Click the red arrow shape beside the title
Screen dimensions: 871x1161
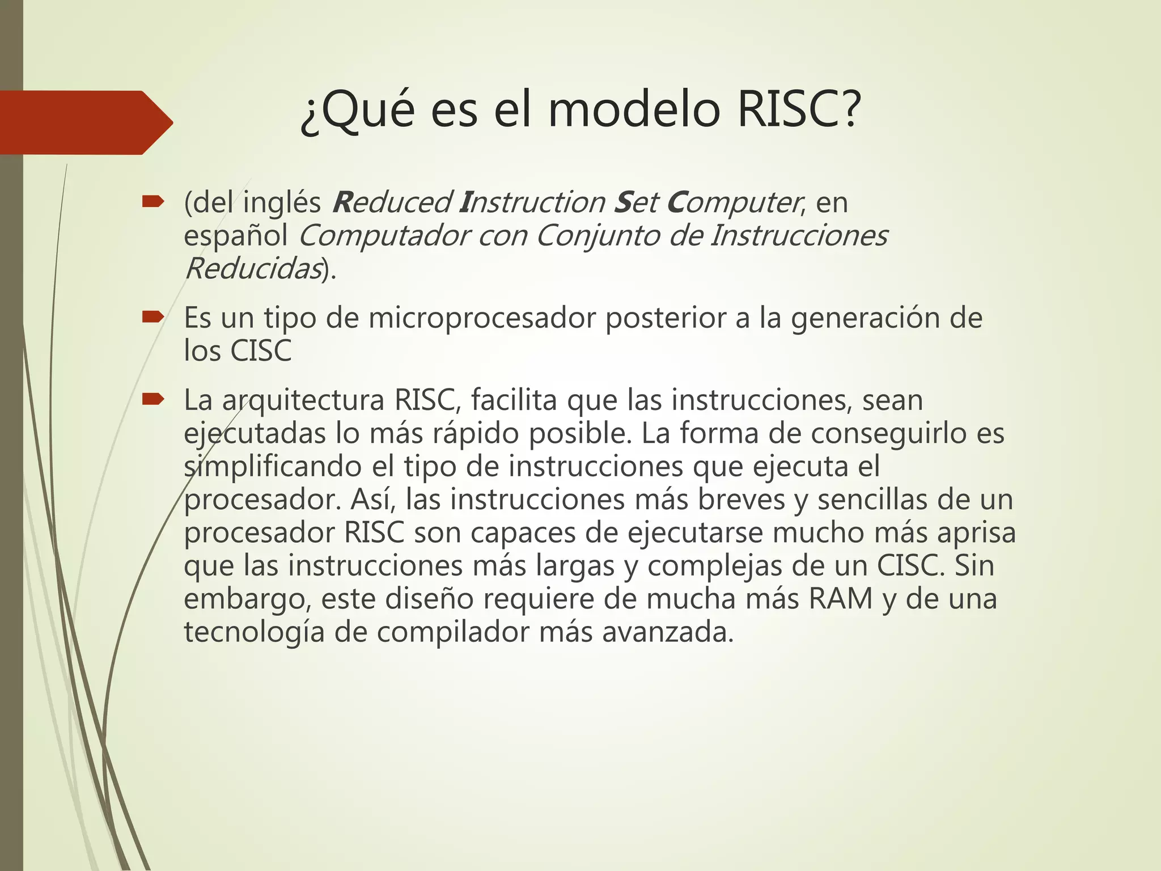[x=85, y=122]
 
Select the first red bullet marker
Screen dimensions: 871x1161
[x=152, y=201]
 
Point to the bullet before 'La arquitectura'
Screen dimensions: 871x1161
[x=152, y=400]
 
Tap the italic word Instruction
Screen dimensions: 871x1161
[x=532, y=202]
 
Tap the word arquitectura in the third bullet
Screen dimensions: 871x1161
[x=303, y=401]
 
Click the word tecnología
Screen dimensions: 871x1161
[x=254, y=633]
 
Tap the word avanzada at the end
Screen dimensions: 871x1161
[x=667, y=633]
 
